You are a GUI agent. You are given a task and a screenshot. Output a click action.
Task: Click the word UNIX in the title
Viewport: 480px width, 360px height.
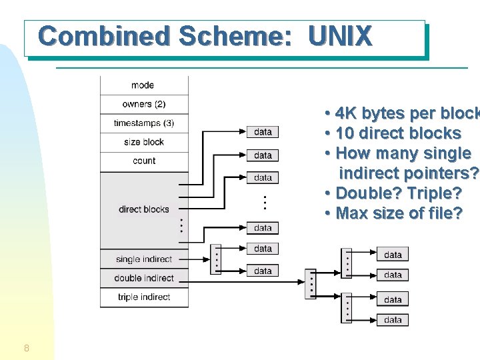tap(340, 36)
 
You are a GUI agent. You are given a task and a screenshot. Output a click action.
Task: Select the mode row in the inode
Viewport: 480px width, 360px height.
tap(144, 85)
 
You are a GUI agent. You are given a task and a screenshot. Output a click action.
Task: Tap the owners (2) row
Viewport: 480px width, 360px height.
tap(144, 104)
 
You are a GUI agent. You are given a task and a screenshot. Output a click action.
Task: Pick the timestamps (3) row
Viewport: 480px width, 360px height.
tap(144, 123)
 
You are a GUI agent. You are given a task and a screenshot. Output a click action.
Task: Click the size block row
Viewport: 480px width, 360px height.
tap(144, 142)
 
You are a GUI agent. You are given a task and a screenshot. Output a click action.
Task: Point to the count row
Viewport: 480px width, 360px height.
tap(144, 161)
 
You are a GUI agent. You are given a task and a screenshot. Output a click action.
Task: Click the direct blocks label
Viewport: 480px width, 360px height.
tap(144, 209)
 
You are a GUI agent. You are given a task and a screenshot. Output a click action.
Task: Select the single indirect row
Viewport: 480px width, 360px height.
tap(144, 259)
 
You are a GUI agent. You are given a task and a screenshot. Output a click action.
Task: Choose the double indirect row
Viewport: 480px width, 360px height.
tap(144, 278)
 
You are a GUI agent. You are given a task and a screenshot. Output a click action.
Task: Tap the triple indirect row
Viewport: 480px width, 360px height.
tap(144, 297)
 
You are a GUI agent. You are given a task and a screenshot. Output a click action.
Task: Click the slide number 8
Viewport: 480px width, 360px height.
tap(26, 348)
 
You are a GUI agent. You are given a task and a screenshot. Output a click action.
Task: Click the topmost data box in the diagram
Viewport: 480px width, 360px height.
tap(263, 132)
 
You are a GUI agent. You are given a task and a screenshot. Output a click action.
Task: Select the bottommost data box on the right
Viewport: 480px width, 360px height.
tap(393, 320)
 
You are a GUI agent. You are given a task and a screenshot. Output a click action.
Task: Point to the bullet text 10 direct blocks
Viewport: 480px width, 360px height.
tap(398, 133)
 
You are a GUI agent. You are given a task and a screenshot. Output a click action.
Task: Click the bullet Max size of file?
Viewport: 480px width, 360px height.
tap(398, 213)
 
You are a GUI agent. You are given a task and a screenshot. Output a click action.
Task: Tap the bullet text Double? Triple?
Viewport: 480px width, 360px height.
tap(398, 193)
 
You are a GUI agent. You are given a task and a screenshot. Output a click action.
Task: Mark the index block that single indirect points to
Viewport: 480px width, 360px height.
tap(215, 259)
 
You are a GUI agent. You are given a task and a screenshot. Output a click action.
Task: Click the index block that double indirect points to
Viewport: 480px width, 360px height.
tap(310, 283)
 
